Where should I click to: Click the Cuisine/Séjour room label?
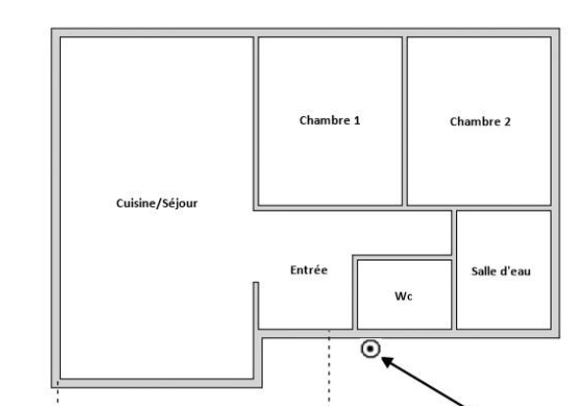coord(156,203)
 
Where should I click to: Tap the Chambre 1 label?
coord(329,120)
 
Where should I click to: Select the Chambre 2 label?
coord(480,121)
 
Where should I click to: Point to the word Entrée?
coord(309,270)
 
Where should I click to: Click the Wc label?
coord(404,296)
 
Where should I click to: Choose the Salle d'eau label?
coord(500,271)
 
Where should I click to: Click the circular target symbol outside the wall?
coord(371,349)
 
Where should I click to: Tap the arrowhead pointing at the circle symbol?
coord(387,361)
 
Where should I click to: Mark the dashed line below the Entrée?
coord(329,368)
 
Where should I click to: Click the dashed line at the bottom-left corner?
coord(58,393)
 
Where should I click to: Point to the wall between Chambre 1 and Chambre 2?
coord(405,121)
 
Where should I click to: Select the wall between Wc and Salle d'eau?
coord(454,270)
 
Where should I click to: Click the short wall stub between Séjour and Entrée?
coord(256,306)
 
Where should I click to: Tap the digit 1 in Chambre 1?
coord(357,120)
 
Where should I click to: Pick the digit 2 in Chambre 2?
coord(506,121)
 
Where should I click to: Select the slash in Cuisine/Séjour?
coord(159,203)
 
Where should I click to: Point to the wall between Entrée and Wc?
coord(355,292)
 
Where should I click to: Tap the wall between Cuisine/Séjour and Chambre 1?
coord(256,123)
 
